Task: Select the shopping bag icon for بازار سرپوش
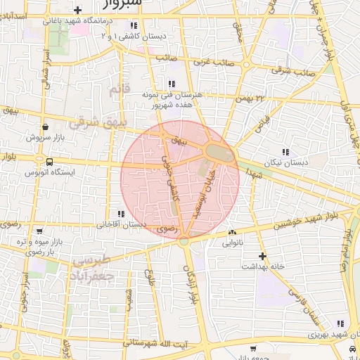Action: (x=46, y=127)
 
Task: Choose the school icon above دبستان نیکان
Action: (x=285, y=151)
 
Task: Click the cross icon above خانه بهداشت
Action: (x=262, y=256)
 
